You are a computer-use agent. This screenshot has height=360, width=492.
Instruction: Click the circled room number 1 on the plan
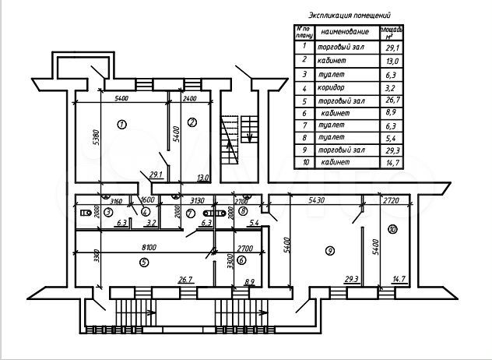pos(121,123)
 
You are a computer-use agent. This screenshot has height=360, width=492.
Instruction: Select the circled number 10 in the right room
pos(392,229)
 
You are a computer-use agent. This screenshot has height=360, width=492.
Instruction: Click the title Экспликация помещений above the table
pos(350,15)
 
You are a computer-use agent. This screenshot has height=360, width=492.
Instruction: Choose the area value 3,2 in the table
pos(390,88)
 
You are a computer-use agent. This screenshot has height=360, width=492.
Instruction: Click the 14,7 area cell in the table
pos(390,163)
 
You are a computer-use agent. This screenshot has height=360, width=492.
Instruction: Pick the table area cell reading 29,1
pos(390,48)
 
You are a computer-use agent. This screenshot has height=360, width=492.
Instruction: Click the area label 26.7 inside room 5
pos(185,279)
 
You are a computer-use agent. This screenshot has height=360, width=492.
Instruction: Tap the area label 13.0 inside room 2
pos(204,177)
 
